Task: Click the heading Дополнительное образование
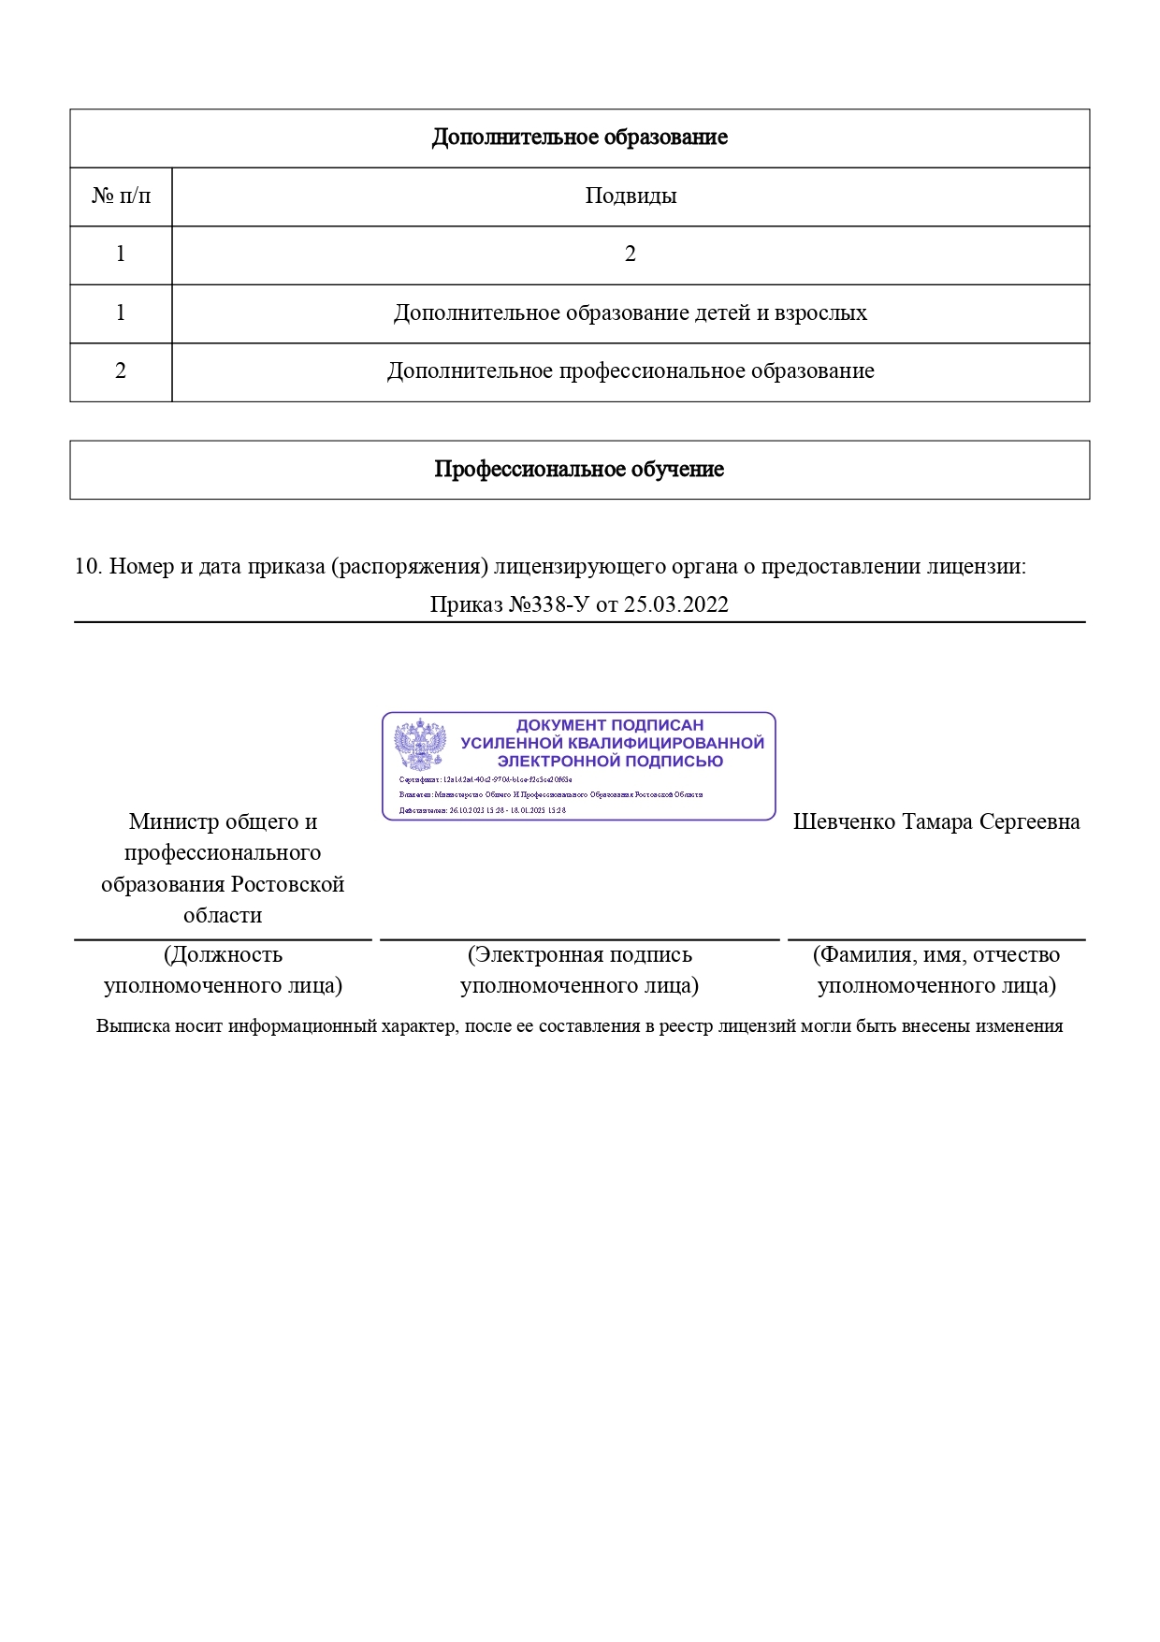click(x=579, y=138)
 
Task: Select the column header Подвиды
click(x=631, y=196)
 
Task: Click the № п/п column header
click(x=121, y=196)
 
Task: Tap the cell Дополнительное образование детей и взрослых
click(x=630, y=313)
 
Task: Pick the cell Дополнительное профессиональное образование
click(x=630, y=371)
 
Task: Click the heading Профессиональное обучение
click(x=579, y=470)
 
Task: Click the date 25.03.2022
click(x=675, y=604)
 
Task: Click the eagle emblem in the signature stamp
click(x=420, y=746)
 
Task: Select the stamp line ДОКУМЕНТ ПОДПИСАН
click(x=610, y=725)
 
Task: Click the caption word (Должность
click(x=223, y=955)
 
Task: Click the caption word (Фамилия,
click(x=863, y=955)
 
